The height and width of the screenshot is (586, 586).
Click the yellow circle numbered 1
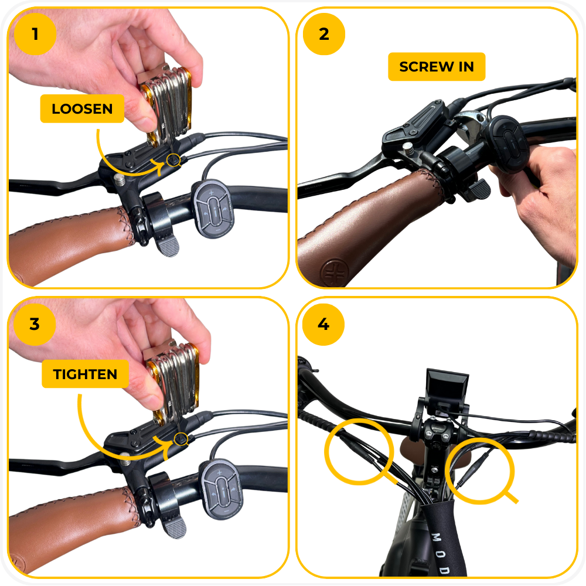[x=35, y=34]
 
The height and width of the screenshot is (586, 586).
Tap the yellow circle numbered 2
[x=323, y=34]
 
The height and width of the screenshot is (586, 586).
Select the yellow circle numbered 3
[x=35, y=324]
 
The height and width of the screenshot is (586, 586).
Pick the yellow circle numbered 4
[x=323, y=324]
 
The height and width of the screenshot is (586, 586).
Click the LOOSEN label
[x=82, y=109]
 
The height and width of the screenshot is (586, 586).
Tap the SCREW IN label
[x=437, y=67]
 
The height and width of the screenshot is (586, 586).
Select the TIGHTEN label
[x=85, y=374]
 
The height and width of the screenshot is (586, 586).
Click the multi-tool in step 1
[x=166, y=105]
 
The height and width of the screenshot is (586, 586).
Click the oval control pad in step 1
[x=213, y=209]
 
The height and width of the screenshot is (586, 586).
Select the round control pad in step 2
[x=508, y=144]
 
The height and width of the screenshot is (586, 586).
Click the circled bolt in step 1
[x=173, y=161]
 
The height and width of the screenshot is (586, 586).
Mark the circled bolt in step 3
[x=181, y=439]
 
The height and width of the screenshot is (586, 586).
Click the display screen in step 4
[x=447, y=386]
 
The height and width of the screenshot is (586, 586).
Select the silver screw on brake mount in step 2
[x=408, y=148]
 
